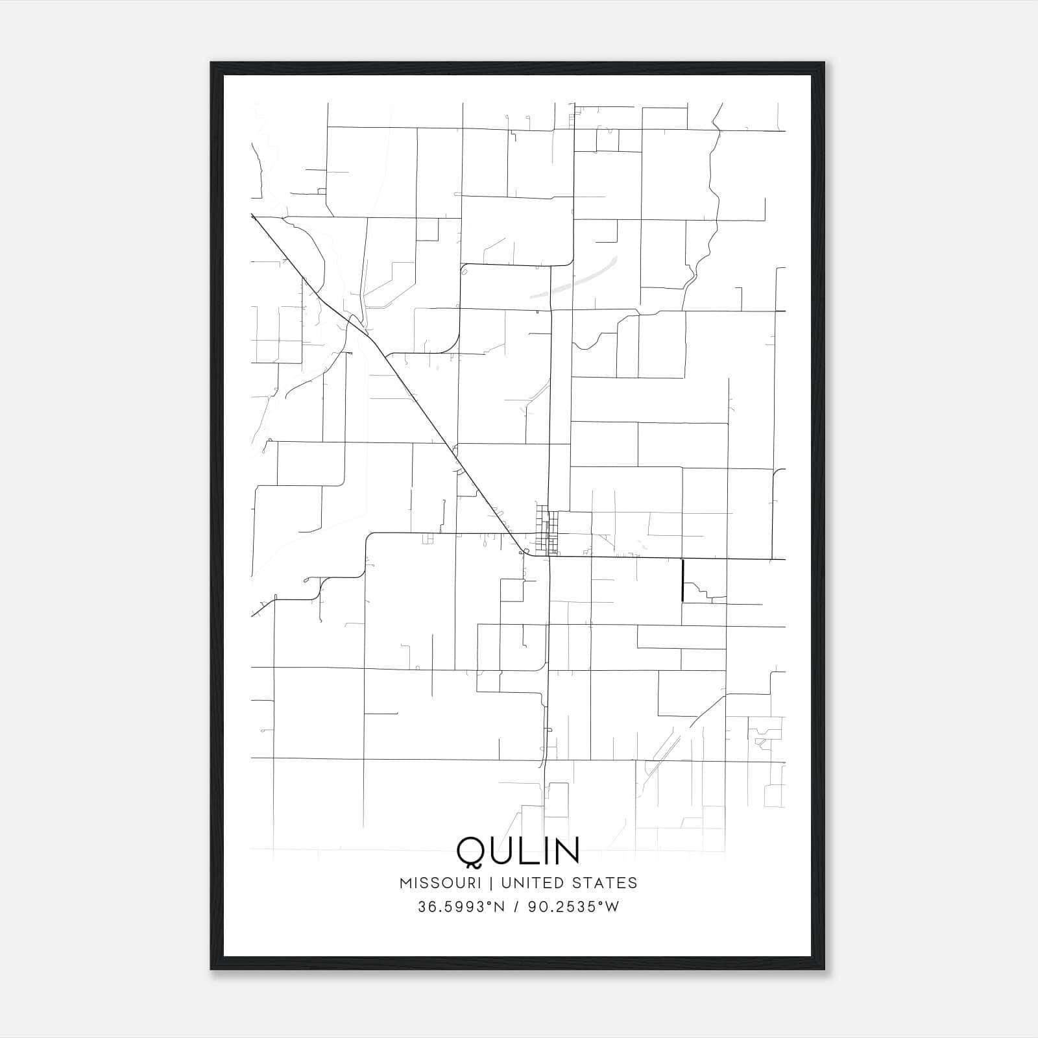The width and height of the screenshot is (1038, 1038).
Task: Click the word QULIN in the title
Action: (x=518, y=851)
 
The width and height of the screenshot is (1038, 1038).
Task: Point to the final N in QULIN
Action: (x=564, y=851)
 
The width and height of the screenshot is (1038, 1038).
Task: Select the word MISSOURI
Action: (x=441, y=883)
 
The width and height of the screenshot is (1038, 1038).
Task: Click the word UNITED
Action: (x=531, y=883)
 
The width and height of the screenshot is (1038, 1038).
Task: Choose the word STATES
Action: (x=605, y=883)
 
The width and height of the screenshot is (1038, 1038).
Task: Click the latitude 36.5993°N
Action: (x=461, y=907)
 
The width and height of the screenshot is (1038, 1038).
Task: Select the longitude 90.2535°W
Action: (x=573, y=907)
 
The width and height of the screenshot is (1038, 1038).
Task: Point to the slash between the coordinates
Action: (x=517, y=907)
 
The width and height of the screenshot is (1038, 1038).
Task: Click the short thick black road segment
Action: (x=682, y=580)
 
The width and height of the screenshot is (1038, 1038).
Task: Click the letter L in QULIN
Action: (x=529, y=851)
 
